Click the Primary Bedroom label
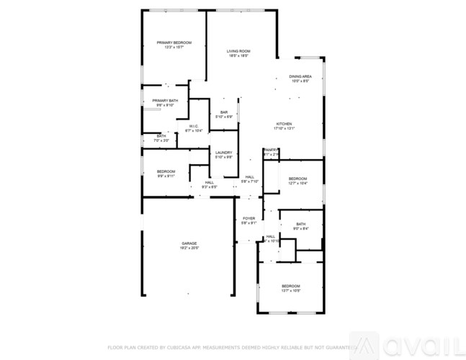[x=174, y=43]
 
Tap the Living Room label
[x=238, y=51]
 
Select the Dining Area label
[x=300, y=76]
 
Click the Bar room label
[x=224, y=112]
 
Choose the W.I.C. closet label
[x=194, y=126]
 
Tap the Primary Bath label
[x=165, y=101]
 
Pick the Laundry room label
[x=223, y=152]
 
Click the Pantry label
[x=271, y=150]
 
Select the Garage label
[x=189, y=243]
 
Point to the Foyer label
[x=248, y=218]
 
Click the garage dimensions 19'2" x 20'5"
[x=189, y=248]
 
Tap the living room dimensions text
[x=238, y=56]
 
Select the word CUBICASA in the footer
[x=174, y=346]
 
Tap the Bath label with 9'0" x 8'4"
[x=300, y=224]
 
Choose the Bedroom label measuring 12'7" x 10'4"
[x=297, y=179]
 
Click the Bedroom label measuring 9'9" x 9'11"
[x=166, y=171]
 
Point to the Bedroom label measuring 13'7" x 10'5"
[x=290, y=287]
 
